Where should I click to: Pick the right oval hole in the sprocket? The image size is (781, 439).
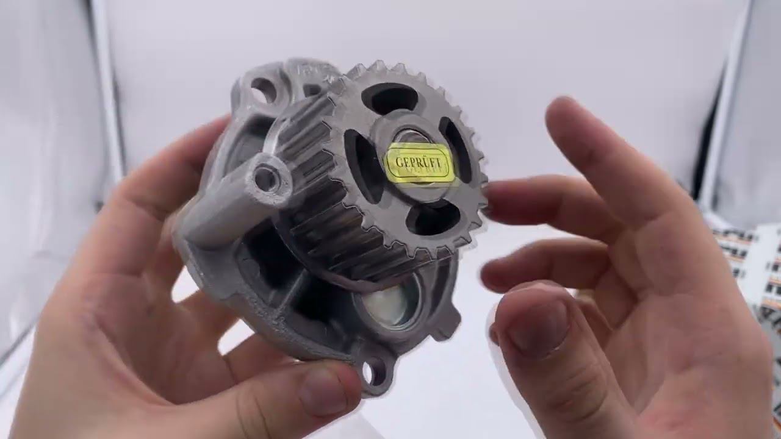click(455, 149)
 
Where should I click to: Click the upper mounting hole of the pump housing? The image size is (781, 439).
click(264, 90)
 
